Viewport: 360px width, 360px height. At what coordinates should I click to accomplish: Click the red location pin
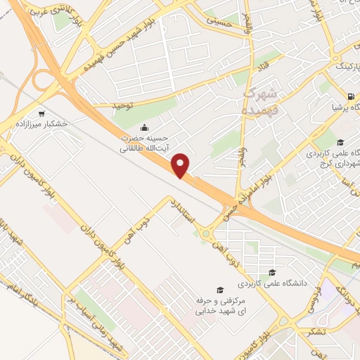point(181,166)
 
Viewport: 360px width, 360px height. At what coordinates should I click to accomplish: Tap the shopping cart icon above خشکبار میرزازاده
point(41,112)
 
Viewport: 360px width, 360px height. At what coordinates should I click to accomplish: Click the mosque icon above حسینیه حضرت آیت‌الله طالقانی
point(145,127)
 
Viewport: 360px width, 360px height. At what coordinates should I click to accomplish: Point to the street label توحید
point(122,104)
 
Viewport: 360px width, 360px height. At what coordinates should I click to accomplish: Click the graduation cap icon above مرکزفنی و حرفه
point(219,290)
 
